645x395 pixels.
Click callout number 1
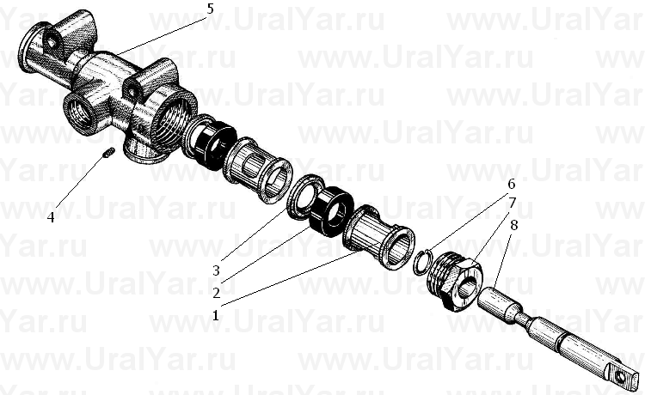pos(215,315)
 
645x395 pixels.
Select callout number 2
pos(216,293)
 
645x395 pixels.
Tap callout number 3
pos(216,270)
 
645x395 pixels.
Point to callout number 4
pos(50,217)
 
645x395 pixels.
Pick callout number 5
pos(210,9)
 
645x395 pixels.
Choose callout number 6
pos(512,185)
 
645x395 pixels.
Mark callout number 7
pos(513,204)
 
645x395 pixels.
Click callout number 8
pos(513,226)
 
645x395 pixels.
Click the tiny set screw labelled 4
pos(107,154)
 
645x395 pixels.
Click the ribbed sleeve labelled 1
pos(379,237)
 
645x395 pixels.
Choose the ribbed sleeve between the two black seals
pos(257,170)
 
